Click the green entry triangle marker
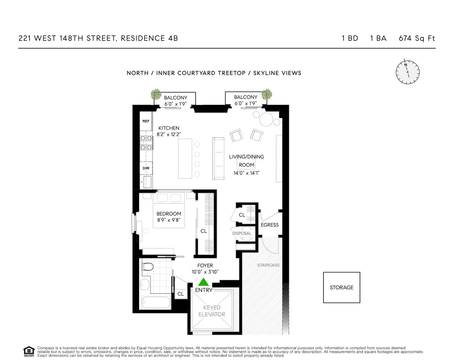(204, 282)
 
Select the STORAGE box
(341, 287)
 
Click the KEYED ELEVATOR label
(212, 311)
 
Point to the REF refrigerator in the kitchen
(146, 121)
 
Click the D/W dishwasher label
(146, 168)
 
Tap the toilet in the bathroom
(147, 267)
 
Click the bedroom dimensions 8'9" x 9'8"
(168, 220)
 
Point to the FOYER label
(205, 266)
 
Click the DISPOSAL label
(242, 233)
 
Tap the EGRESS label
(269, 225)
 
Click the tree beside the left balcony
(156, 94)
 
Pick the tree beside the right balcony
(267, 94)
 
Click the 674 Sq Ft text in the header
(417, 38)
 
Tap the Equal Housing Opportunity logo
(28, 351)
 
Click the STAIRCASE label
(268, 265)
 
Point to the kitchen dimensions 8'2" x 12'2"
(169, 134)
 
